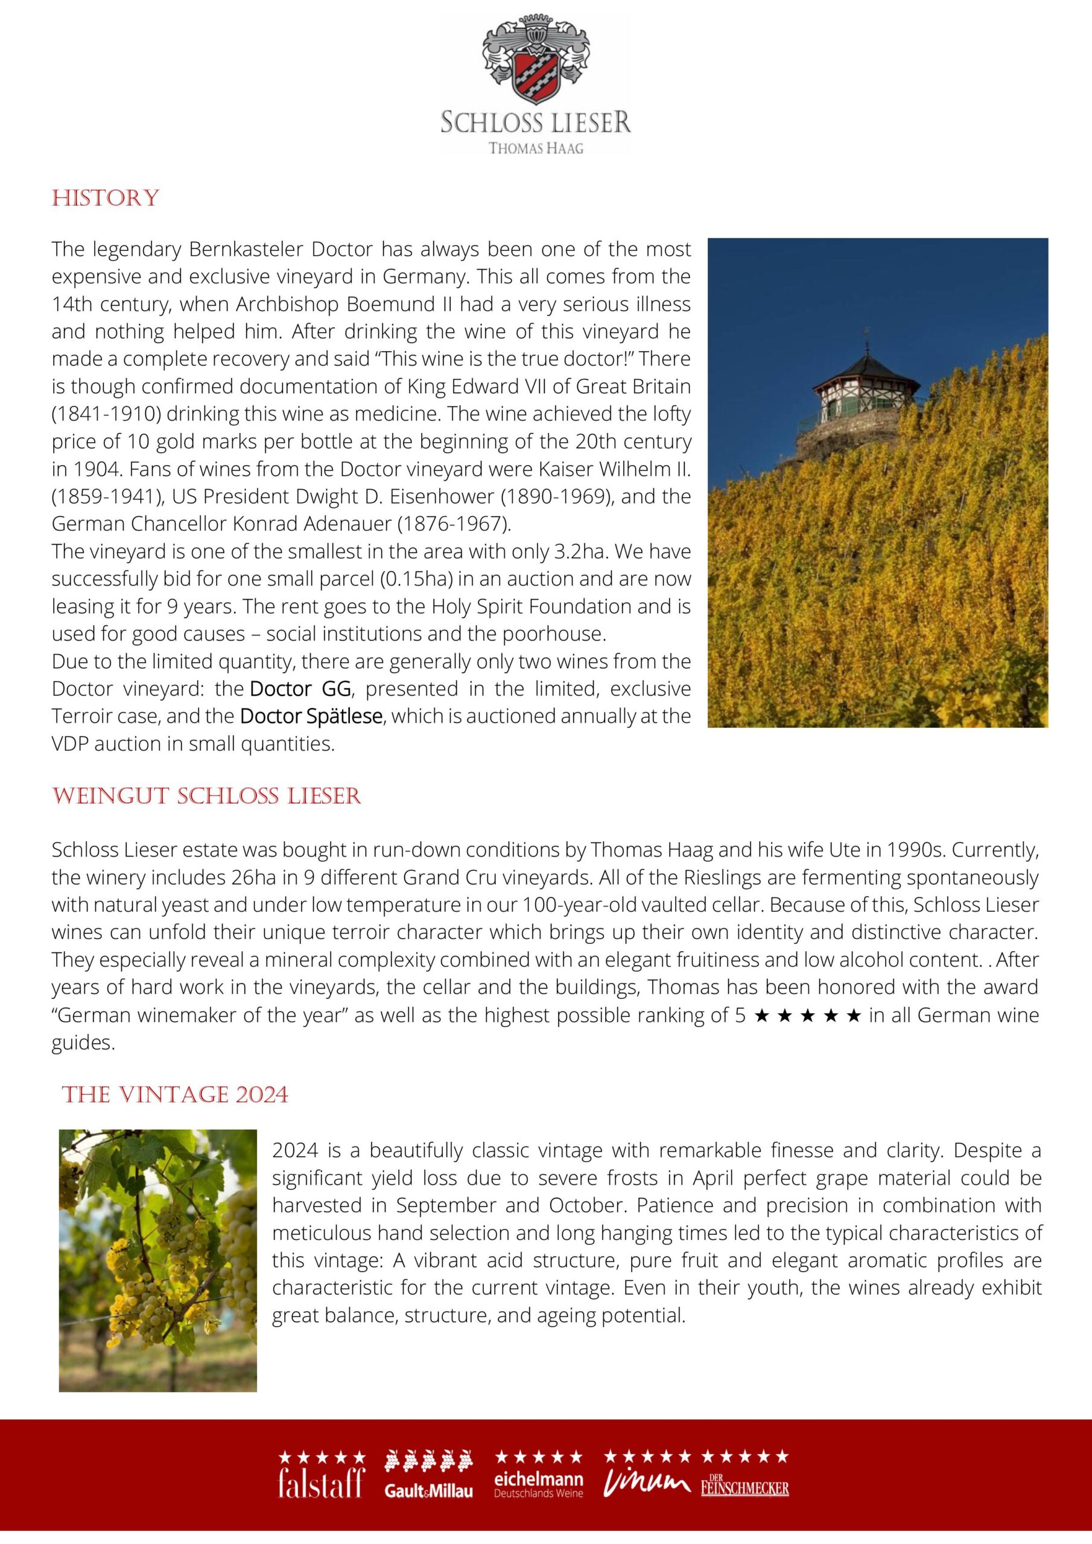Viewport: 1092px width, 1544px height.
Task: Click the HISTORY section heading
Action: tap(106, 198)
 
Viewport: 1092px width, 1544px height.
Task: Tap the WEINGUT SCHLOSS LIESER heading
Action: tap(206, 796)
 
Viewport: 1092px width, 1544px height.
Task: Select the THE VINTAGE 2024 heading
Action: tap(175, 1095)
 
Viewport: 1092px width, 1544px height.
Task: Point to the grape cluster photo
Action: tap(158, 1260)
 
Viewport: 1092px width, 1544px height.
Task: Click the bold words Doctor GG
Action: tap(300, 689)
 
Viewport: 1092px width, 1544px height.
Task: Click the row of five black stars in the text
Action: tap(807, 1016)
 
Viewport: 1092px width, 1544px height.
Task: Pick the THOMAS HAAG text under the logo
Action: tap(536, 148)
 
